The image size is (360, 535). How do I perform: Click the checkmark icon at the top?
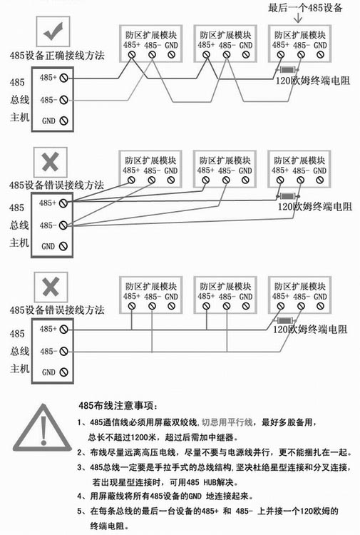[x=53, y=31]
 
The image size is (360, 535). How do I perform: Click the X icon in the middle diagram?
[x=51, y=162]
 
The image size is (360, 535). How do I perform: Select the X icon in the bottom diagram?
[x=51, y=287]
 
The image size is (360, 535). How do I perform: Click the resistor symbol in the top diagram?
[x=287, y=70]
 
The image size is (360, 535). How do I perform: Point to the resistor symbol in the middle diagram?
[x=287, y=196]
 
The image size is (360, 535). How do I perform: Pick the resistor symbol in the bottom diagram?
[x=285, y=320]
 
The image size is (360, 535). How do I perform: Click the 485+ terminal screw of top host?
[x=63, y=78]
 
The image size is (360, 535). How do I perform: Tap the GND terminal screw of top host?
[x=63, y=121]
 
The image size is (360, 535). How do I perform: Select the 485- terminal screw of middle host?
[x=63, y=225]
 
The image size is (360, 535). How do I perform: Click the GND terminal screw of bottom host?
[x=63, y=372]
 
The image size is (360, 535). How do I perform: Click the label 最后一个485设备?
[x=305, y=7]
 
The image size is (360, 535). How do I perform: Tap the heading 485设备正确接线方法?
[x=57, y=55]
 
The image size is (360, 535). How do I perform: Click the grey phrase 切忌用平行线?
[x=227, y=422]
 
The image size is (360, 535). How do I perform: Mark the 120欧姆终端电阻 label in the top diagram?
[x=313, y=81]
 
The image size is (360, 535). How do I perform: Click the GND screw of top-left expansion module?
[x=172, y=55]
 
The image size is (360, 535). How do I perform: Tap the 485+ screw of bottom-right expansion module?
[x=281, y=307]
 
